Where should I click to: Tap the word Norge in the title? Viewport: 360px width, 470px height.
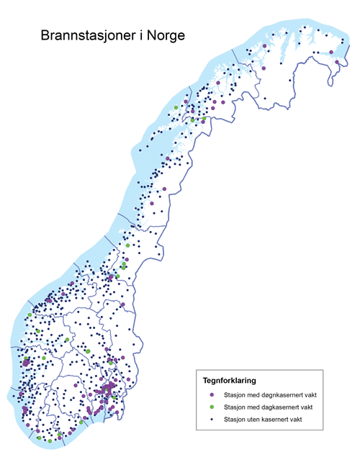(x=165, y=35)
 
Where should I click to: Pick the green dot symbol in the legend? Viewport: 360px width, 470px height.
(x=212, y=407)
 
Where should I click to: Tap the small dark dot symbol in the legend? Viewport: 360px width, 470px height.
(x=212, y=419)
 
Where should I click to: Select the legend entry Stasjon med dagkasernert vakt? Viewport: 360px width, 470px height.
(x=271, y=407)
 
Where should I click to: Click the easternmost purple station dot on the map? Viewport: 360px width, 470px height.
(x=337, y=63)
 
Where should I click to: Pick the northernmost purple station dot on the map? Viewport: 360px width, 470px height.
(x=264, y=45)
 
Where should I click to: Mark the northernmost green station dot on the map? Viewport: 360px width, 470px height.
(x=175, y=108)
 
